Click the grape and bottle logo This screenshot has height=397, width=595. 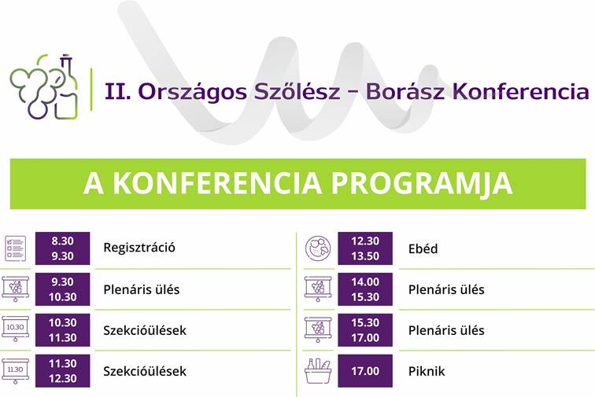pyautogui.click(x=44, y=86)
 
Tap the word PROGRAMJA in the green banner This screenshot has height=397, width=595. pyautogui.click(x=422, y=183)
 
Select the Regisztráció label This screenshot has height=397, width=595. pyautogui.click(x=139, y=248)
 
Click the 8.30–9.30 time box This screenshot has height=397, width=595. pyautogui.click(x=63, y=248)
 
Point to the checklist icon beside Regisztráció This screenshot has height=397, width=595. pyautogui.click(x=16, y=248)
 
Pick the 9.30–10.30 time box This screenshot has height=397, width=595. pyautogui.click(x=63, y=289)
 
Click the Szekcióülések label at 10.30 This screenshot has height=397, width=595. pyautogui.click(x=145, y=330)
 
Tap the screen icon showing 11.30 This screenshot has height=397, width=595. pyautogui.click(x=15, y=370)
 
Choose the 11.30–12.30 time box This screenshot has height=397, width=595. pyautogui.click(x=63, y=371)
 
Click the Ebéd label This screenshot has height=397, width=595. pyautogui.click(x=423, y=248)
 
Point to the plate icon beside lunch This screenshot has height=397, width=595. pyautogui.click(x=318, y=248)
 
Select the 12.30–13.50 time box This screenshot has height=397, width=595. pyautogui.click(x=365, y=248)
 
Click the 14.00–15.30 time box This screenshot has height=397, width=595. pyautogui.click(x=365, y=289)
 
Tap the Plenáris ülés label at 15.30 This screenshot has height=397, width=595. pyautogui.click(x=446, y=330)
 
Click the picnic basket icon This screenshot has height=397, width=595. pyautogui.click(x=318, y=371)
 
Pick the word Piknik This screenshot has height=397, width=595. pyautogui.click(x=427, y=371)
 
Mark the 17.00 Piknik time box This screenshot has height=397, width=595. pyautogui.click(x=365, y=371)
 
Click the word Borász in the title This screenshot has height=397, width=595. pyautogui.click(x=405, y=91)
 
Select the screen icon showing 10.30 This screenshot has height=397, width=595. pyautogui.click(x=15, y=329)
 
